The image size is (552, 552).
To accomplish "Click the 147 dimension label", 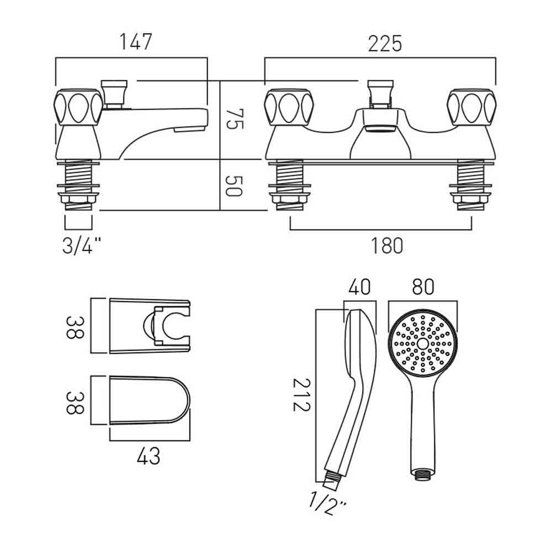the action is point(136,42).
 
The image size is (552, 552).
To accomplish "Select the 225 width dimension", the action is point(385,44).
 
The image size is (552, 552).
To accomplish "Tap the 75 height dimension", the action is point(234,119).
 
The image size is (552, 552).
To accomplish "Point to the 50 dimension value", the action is point(233,186).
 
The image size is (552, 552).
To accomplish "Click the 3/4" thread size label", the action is point(82,246).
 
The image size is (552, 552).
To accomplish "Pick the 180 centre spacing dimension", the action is point(387,246).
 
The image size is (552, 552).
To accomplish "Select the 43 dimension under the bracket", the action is point(148,456).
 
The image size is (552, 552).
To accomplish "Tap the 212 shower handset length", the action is point(302,395).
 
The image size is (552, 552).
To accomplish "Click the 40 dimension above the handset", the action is point(359,287).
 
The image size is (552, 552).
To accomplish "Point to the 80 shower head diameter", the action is point(423,287).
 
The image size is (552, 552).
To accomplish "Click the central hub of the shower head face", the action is point(422,343).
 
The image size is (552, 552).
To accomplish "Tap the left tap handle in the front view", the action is point(289,107).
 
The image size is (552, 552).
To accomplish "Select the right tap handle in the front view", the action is point(472,107).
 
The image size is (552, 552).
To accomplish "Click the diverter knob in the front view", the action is point(380,93).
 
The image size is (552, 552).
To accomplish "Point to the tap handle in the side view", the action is point(78,107).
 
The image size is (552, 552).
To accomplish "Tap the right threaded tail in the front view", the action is point(471,185).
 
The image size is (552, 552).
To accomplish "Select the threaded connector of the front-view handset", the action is point(422,474).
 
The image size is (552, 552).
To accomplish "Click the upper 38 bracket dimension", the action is point(75,327).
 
